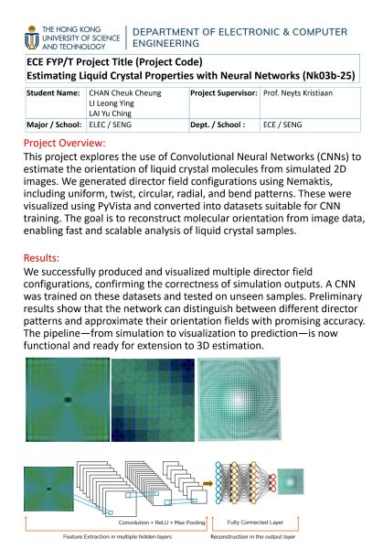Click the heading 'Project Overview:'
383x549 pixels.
[64, 144]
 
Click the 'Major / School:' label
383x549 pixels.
[48, 128]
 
